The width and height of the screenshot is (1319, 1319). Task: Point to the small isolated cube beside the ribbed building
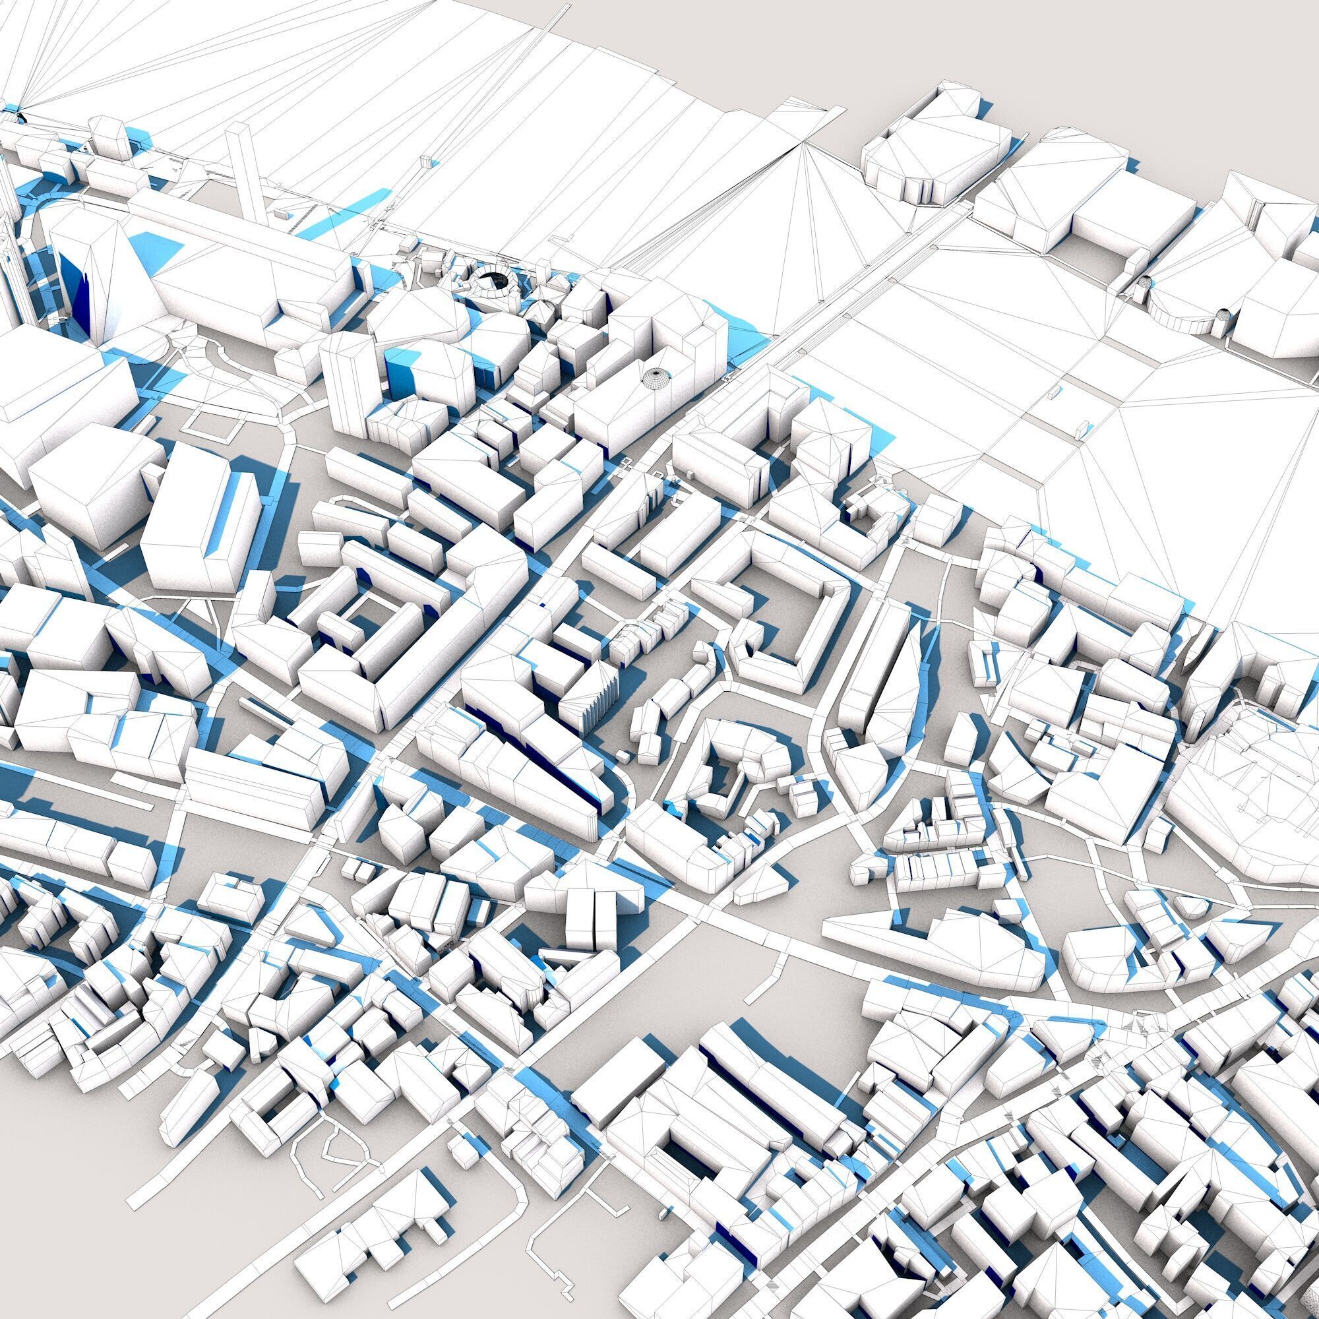tap(625, 756)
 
